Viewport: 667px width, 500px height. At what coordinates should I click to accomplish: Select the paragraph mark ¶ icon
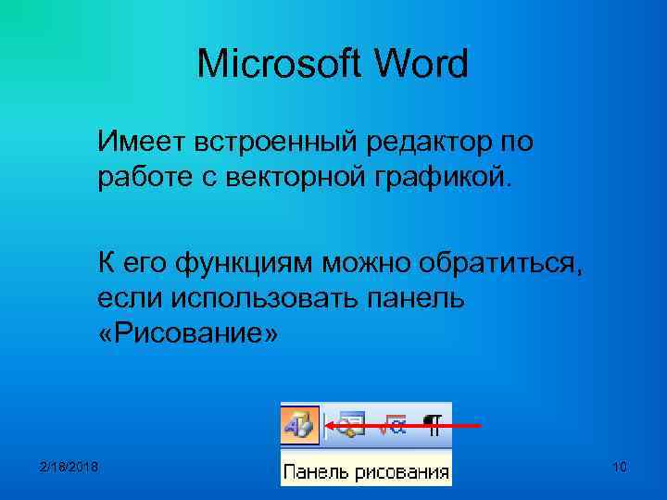pos(434,426)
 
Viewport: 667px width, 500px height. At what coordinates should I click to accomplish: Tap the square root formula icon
pos(394,426)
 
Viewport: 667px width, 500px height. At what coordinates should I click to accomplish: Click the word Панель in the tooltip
pos(314,471)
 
